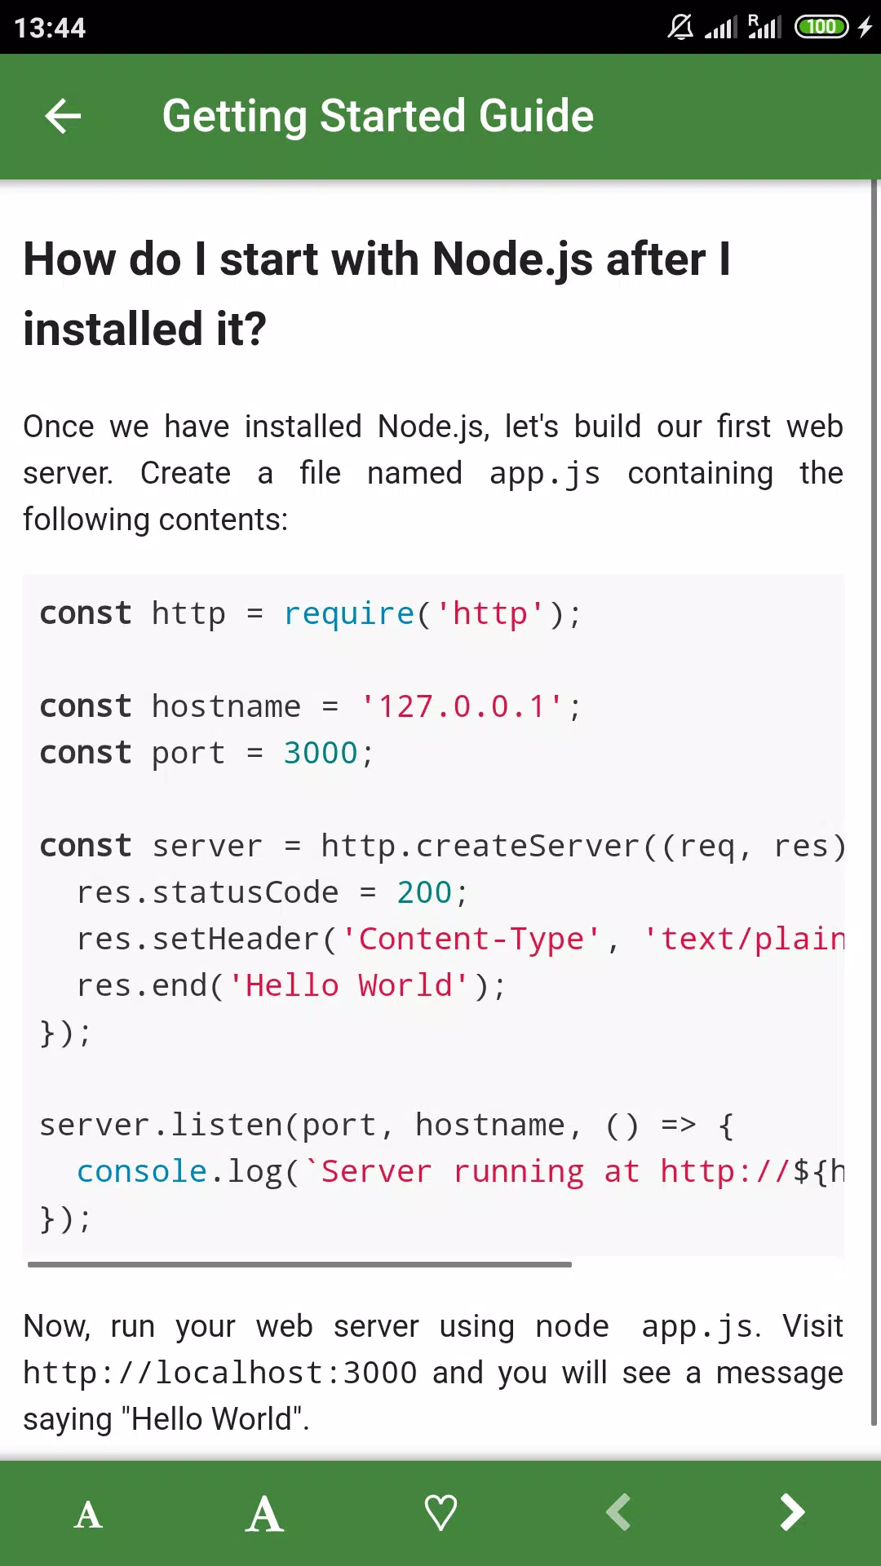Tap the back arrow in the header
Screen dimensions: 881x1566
(x=63, y=116)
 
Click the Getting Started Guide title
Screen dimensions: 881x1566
(x=378, y=116)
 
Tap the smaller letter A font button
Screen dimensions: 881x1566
(x=88, y=1515)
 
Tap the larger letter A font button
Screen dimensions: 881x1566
(x=264, y=1514)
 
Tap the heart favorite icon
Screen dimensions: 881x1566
(x=440, y=1513)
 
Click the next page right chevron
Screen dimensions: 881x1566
(x=792, y=1512)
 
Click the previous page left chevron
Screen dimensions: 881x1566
(x=618, y=1512)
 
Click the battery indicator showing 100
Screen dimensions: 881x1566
(x=821, y=27)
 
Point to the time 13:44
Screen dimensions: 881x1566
(x=50, y=28)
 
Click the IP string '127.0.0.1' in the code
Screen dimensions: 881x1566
(x=462, y=706)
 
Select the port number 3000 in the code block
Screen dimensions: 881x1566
(x=321, y=753)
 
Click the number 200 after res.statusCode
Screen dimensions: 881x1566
(x=424, y=892)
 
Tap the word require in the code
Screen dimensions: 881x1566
(x=349, y=613)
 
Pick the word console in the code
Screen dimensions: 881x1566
(x=142, y=1171)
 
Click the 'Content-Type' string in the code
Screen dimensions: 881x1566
(x=471, y=939)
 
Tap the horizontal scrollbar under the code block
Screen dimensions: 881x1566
(x=299, y=1264)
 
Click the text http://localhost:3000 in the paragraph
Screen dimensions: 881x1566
(x=219, y=1373)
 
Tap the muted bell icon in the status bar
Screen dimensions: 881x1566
(x=680, y=27)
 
